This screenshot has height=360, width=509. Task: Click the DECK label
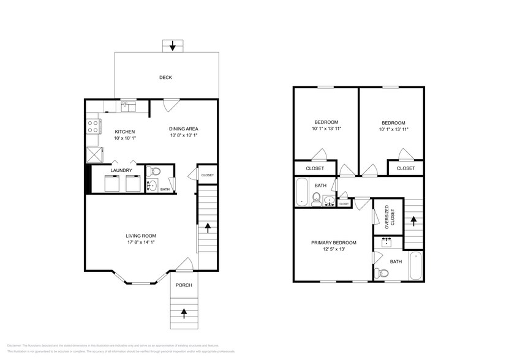click(x=165, y=78)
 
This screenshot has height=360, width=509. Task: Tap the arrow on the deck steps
click(x=173, y=45)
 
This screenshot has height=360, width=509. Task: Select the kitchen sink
click(x=127, y=107)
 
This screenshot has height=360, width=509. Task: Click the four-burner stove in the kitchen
click(x=93, y=127)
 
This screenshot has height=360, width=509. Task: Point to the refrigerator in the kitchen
click(x=94, y=153)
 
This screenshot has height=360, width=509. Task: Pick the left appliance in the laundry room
click(x=113, y=184)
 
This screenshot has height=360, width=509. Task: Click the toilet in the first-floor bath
click(x=156, y=171)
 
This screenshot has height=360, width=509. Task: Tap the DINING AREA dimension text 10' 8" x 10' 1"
click(x=184, y=136)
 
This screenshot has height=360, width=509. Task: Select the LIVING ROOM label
click(x=141, y=236)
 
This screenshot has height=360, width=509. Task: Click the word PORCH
click(x=184, y=285)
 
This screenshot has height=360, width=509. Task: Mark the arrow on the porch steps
click(x=184, y=313)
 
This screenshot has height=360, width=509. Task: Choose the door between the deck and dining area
click(x=171, y=103)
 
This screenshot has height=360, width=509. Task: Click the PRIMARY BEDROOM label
click(x=333, y=243)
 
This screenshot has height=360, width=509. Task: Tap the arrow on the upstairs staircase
click(x=414, y=219)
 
